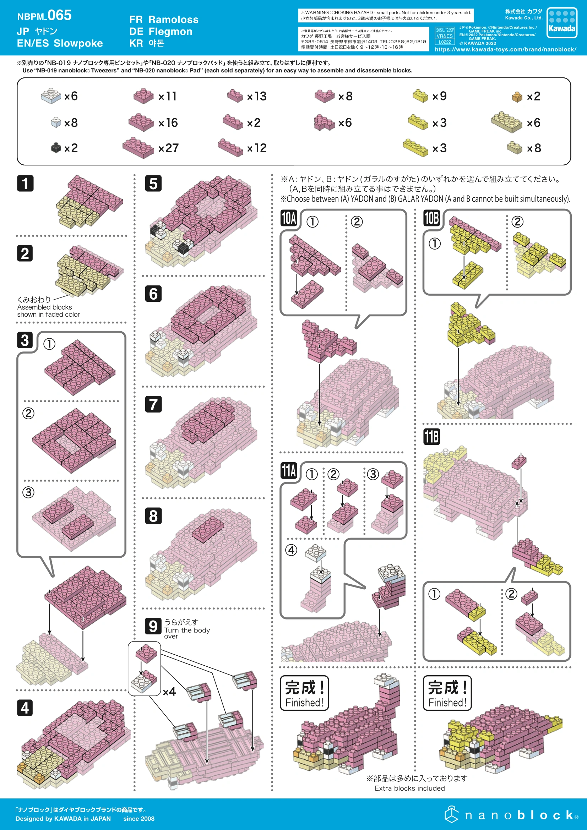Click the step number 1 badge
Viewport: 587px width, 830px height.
pos(25,183)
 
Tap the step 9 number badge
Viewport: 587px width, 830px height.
pos(153,626)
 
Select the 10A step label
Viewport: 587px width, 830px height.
pos(289,218)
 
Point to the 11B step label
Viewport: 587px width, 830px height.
pos(431,437)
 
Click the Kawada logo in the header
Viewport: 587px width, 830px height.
pos(562,22)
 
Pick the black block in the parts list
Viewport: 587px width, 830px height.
pos(56,147)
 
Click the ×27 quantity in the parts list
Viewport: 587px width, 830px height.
pos(169,148)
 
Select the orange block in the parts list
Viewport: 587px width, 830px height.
pos(517,97)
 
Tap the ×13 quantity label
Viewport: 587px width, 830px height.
pos(256,96)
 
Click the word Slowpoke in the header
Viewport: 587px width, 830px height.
pos(78,43)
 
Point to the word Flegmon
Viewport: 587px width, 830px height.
pos(170,32)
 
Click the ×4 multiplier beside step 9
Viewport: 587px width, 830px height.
pos(169,692)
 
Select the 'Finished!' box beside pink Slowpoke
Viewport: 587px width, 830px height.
pos(305,693)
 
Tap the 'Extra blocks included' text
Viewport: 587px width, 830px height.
pos(410,788)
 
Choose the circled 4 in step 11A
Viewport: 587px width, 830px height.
pos(291,550)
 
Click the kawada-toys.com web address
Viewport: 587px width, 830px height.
pos(506,50)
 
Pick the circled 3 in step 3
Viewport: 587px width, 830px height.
pos(28,492)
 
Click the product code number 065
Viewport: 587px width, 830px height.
pos(60,15)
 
